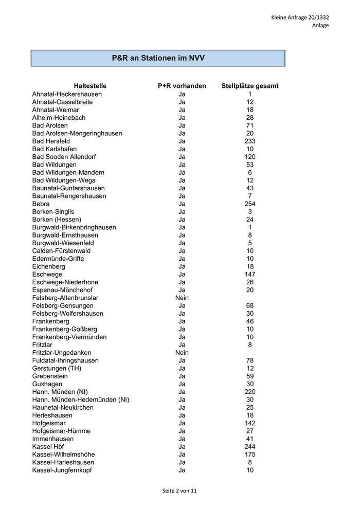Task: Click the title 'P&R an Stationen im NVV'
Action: click(158, 58)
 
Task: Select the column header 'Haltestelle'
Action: click(90, 86)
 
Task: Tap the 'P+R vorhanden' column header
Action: click(182, 86)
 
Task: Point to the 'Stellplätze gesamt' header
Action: click(250, 86)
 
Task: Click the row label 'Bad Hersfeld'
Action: click(51, 141)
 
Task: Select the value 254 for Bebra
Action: click(250, 204)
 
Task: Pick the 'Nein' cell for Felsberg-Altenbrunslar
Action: click(182, 298)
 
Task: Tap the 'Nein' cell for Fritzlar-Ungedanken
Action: click(182, 353)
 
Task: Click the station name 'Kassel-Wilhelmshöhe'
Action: click(63, 455)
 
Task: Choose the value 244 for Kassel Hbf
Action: click(250, 447)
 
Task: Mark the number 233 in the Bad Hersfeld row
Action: click(250, 141)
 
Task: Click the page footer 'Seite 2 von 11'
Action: click(179, 490)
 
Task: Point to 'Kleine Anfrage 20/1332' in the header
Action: click(300, 17)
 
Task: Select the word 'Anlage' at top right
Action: click(320, 25)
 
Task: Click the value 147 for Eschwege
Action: click(250, 274)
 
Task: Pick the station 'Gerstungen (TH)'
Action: click(57, 368)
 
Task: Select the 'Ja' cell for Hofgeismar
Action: click(182, 423)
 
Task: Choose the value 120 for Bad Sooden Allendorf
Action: click(250, 157)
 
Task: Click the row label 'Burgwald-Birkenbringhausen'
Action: click(74, 227)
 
